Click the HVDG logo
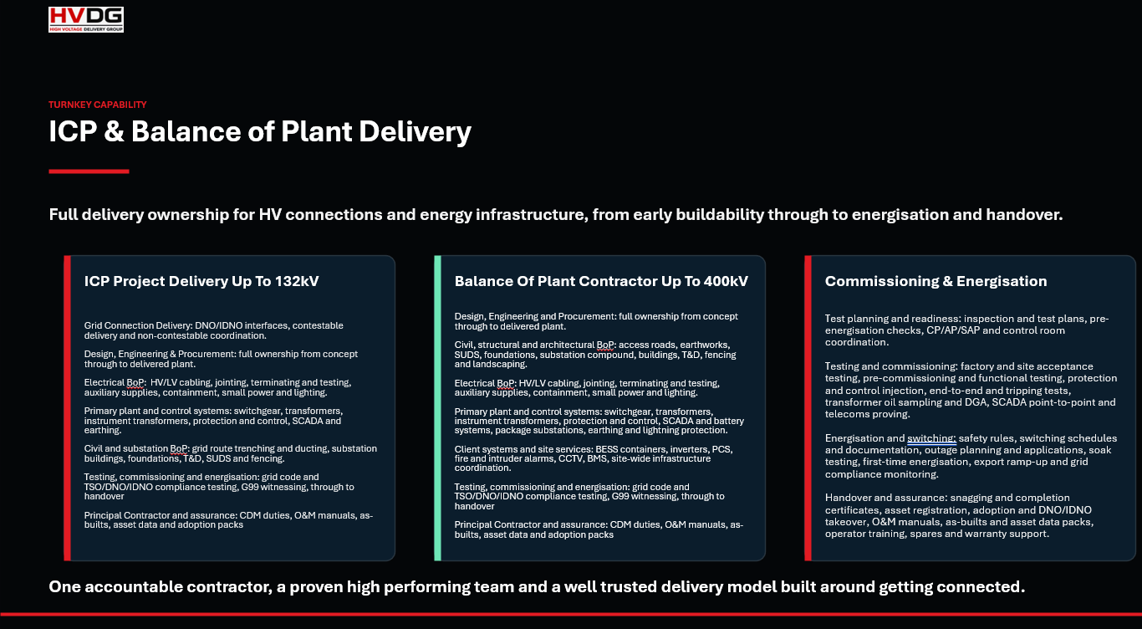pos(86,19)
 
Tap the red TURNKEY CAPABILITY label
pos(97,105)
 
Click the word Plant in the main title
pos(316,131)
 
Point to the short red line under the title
pos(89,171)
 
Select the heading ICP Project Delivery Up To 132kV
pos(201,281)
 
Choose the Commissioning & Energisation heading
pos(936,281)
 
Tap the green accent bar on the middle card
pos(437,408)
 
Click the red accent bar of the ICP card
pos(67,408)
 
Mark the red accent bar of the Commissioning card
pos(808,408)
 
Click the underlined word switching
pos(931,438)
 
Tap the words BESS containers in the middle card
pos(631,449)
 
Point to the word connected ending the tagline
pos(981,586)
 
